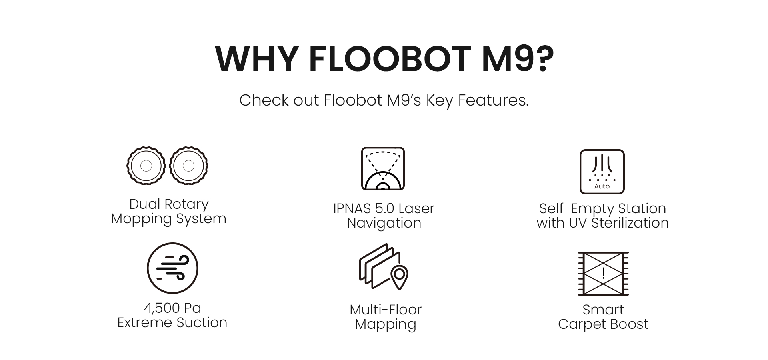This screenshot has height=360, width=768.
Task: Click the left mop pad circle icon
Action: coord(146,166)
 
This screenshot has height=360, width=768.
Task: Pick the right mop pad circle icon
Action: coord(188,166)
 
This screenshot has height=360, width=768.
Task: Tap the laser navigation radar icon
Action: coord(383,168)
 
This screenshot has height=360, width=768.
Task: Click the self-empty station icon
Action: coord(602,172)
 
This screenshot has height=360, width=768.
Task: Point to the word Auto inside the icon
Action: coord(602,186)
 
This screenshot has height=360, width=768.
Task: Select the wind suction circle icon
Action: coord(172,268)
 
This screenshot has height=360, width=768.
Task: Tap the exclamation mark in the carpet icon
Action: coord(603,273)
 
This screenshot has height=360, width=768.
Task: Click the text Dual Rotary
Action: coord(169,204)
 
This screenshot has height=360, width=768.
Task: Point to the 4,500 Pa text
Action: coord(172,308)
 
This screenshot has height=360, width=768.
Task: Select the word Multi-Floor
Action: coord(386,310)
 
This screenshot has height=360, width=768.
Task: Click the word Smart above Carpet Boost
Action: coord(603,310)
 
